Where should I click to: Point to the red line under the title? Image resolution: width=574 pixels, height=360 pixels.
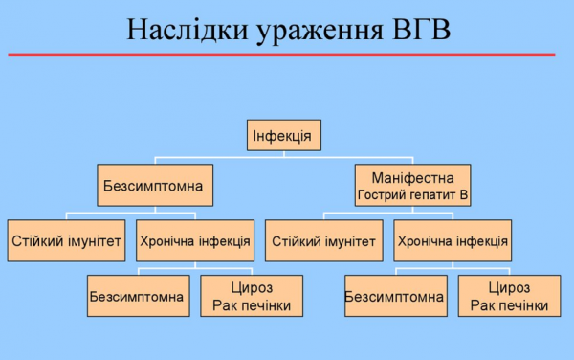[287, 55]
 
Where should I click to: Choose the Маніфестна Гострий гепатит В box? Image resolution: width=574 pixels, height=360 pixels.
[413, 185]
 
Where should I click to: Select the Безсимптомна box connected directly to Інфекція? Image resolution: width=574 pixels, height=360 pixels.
[153, 185]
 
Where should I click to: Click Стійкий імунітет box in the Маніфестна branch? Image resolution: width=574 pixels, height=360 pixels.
[323, 241]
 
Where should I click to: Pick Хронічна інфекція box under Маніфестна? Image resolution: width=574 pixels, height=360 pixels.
[452, 241]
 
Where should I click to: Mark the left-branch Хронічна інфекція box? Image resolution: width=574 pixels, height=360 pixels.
[194, 241]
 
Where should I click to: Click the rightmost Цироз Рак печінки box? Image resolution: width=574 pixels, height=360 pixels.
[509, 297]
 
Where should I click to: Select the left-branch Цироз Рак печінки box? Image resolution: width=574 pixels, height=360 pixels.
[252, 297]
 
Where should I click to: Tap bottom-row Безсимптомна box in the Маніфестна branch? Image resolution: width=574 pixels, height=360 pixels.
[394, 297]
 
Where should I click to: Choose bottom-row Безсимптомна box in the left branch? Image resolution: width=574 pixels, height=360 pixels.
[136, 297]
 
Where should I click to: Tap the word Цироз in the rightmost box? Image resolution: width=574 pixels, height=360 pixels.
[509, 288]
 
